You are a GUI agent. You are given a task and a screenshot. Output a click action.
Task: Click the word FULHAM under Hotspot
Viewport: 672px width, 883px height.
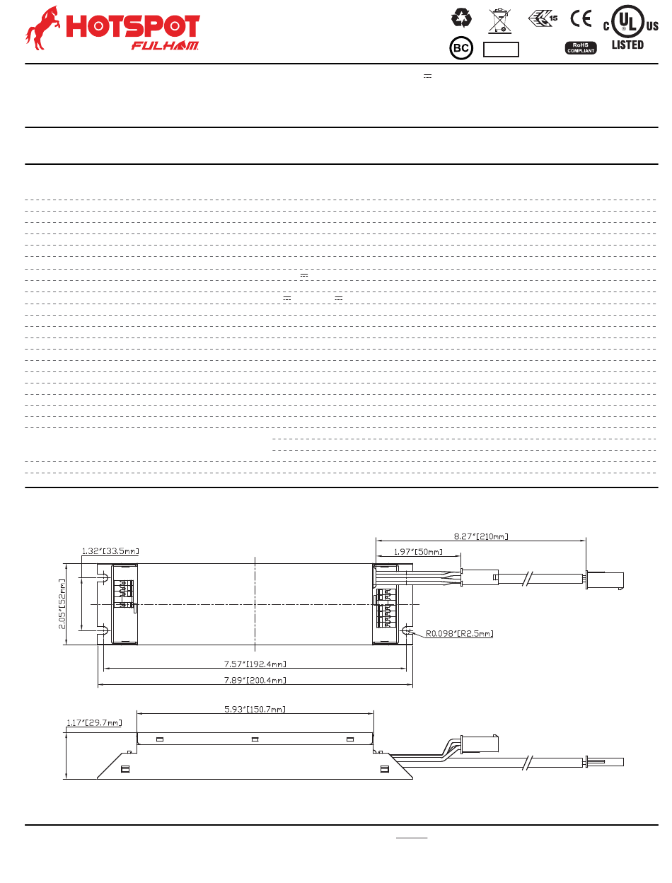[x=165, y=45]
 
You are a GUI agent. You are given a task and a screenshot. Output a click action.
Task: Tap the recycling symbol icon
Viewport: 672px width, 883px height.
[x=461, y=18]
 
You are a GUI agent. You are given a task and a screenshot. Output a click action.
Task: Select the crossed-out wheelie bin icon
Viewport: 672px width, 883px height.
[x=499, y=21]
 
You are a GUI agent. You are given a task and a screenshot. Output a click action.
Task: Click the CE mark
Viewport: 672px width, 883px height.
[x=581, y=18]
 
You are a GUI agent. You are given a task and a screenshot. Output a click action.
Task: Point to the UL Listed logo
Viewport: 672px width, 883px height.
[x=630, y=28]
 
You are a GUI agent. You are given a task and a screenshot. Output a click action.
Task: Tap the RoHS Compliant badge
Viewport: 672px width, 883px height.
[x=580, y=48]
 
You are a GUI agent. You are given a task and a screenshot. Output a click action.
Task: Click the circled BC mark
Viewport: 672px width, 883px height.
[x=461, y=48]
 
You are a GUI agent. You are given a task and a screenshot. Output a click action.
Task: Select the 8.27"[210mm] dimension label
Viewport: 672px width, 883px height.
[x=480, y=536]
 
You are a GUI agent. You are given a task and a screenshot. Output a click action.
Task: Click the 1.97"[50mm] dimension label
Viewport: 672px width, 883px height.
[x=418, y=552]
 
